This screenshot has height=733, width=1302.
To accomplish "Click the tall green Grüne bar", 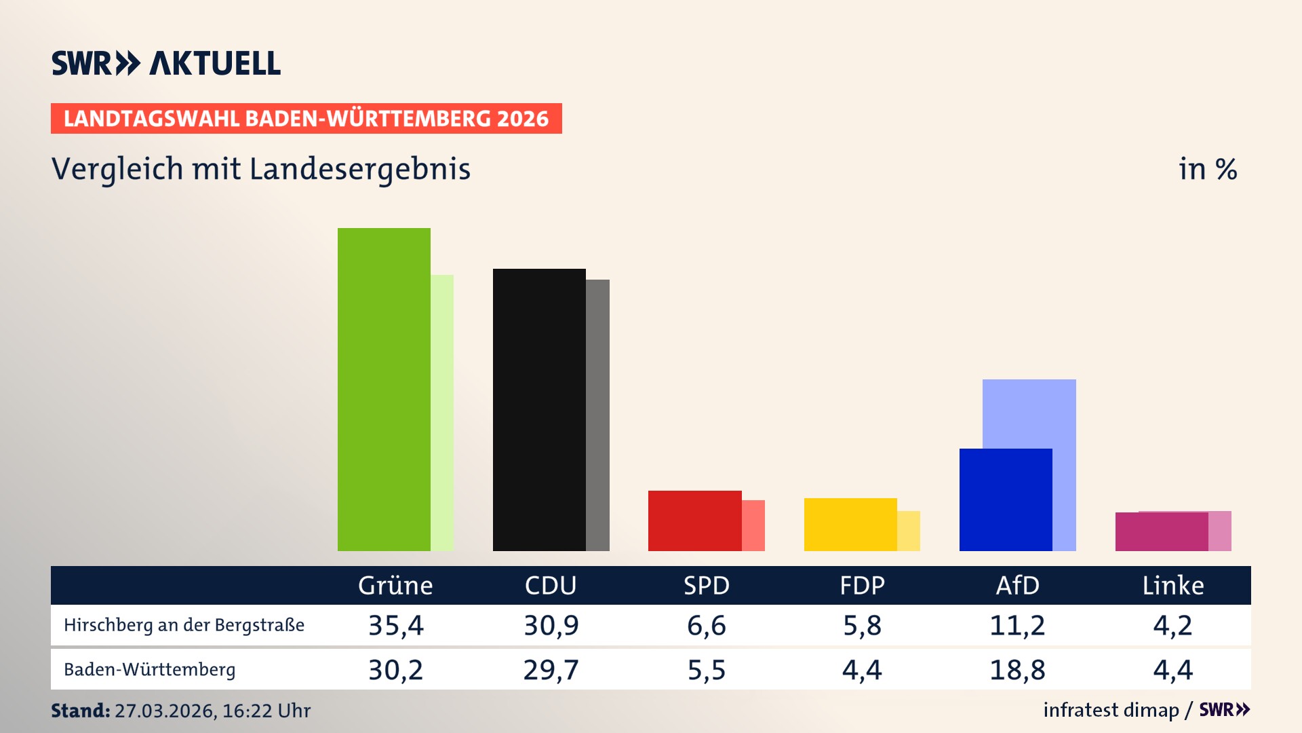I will click(x=384, y=390).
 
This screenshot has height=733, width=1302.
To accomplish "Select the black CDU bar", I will click(x=539, y=410).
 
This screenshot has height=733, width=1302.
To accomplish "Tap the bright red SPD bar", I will click(x=694, y=521).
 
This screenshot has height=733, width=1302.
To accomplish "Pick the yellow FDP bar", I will click(x=850, y=525).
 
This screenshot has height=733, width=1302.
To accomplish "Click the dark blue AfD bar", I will click(x=1006, y=500).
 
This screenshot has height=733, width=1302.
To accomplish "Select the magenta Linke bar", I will click(x=1161, y=531).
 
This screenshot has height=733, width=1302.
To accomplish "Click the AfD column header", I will click(x=1017, y=585).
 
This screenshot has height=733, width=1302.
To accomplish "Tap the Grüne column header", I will click(x=395, y=585).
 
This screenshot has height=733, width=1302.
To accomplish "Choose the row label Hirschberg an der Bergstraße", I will click(x=184, y=625).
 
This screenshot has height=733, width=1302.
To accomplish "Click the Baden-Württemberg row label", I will click(x=150, y=670).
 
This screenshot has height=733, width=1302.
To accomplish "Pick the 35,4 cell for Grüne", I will click(x=395, y=625).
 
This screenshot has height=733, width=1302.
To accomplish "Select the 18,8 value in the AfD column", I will click(x=1017, y=670).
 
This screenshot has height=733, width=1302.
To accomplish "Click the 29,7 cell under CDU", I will click(x=551, y=670).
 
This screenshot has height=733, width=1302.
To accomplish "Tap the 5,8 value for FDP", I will click(x=862, y=625).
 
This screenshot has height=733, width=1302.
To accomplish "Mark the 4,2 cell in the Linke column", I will click(x=1172, y=625).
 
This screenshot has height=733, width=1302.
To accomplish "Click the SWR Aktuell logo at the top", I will click(x=166, y=63).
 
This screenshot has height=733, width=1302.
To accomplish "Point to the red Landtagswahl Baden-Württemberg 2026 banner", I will click(x=306, y=118).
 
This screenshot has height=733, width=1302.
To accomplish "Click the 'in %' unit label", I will click(x=1208, y=169).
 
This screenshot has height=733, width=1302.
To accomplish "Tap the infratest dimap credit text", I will click(x=1111, y=710).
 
